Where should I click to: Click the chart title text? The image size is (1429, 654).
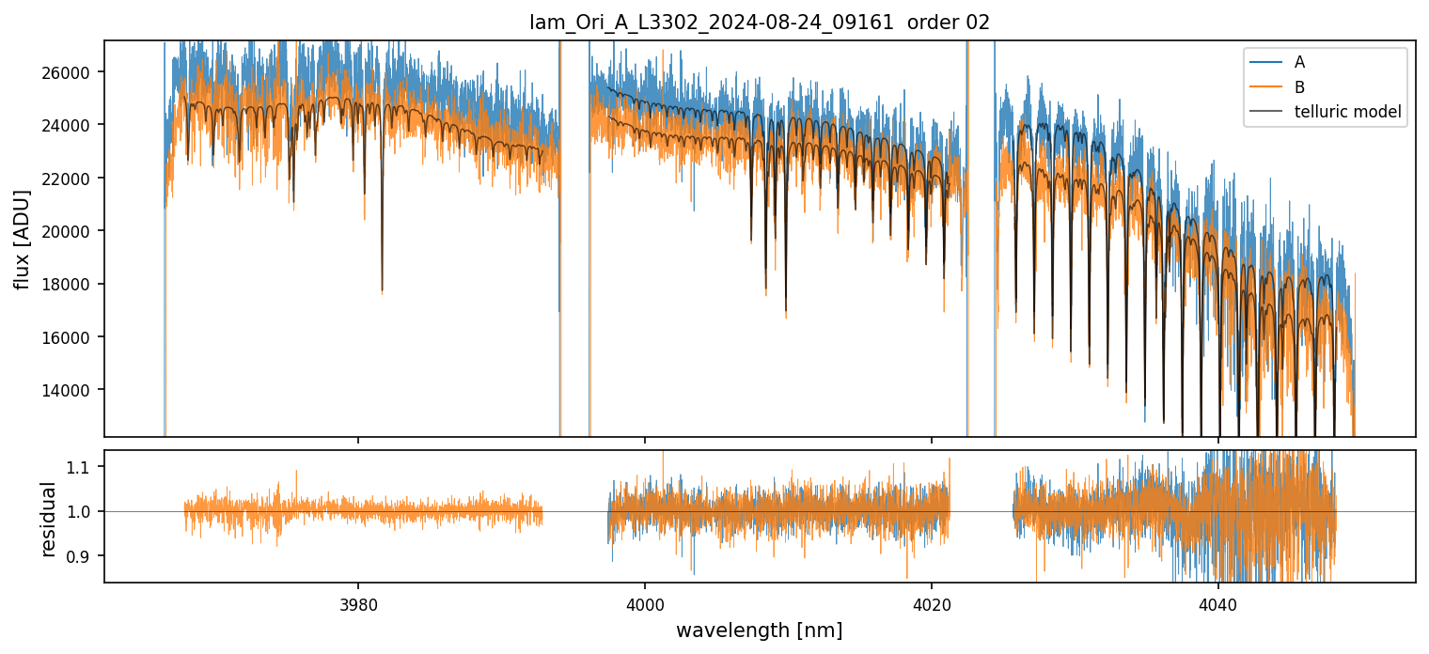760,23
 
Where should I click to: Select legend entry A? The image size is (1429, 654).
1299,62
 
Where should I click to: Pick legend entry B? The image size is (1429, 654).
1299,87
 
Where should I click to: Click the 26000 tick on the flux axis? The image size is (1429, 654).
74,72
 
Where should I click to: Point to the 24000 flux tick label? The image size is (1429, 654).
74,125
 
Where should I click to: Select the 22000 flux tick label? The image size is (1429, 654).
74,179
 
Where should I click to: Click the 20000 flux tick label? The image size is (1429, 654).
74,231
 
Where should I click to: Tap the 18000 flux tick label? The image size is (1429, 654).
74,284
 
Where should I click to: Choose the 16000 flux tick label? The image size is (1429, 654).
74,337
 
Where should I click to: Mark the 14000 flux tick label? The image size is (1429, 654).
74,390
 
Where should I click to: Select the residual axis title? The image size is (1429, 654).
49,518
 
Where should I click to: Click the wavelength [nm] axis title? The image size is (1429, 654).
759,631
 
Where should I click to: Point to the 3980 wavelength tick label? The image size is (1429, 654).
358,602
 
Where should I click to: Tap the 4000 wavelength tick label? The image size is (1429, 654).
645,602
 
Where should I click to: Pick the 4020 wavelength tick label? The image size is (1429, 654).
932,602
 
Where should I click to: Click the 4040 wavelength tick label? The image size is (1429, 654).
1218,602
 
